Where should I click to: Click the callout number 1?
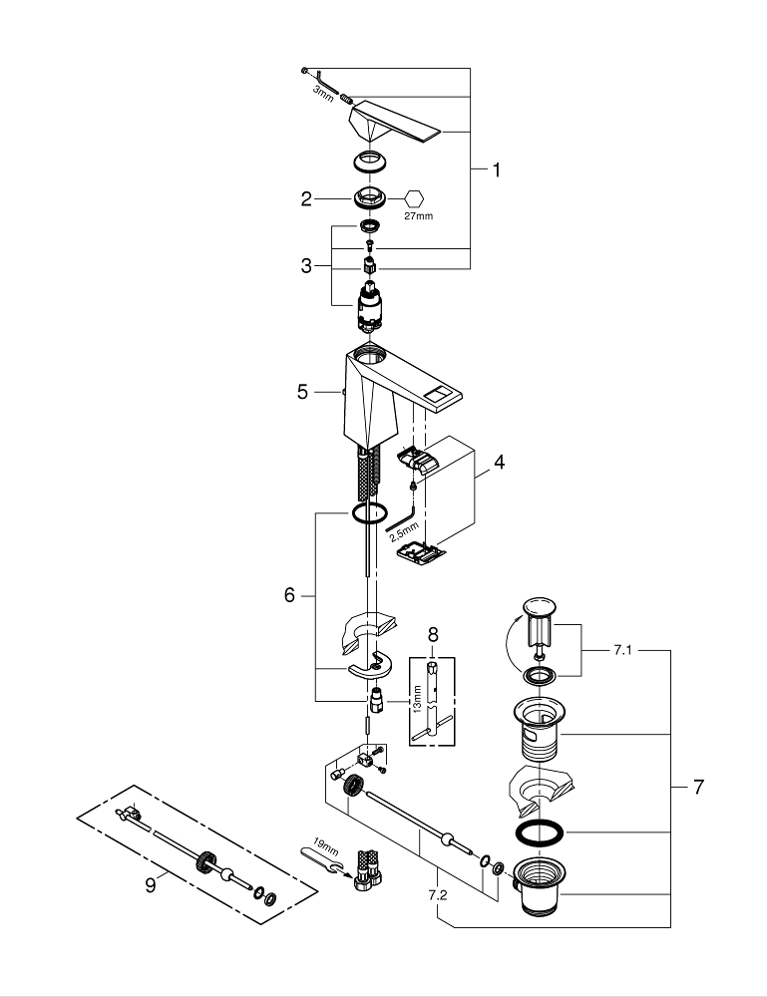tap(496, 170)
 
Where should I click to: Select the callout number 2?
tap(307, 198)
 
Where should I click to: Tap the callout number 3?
tap(307, 266)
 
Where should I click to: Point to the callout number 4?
tap(499, 462)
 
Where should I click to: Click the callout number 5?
tap(302, 392)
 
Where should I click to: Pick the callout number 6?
tap(289, 595)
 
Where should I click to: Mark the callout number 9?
tap(150, 884)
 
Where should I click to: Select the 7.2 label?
tap(437, 895)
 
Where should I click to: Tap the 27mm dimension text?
tap(418, 215)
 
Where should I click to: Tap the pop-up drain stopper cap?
tap(540, 610)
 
